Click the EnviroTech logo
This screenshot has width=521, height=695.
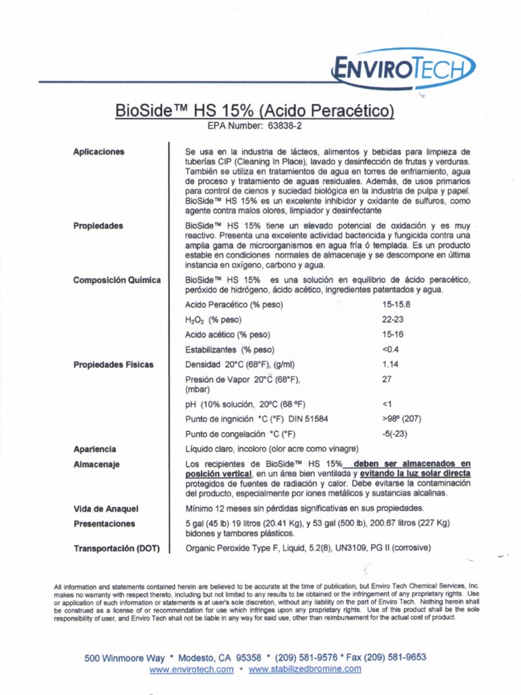click(x=403, y=69)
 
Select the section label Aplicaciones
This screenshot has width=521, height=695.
click(x=99, y=152)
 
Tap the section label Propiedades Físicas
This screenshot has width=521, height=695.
click(x=113, y=364)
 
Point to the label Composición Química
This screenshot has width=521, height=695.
click(x=117, y=280)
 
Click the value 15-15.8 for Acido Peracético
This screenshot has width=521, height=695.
click(x=397, y=305)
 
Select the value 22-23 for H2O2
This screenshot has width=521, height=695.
click(x=393, y=320)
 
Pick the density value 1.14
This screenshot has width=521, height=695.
click(x=391, y=364)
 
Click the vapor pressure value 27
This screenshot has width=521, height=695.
click(x=387, y=379)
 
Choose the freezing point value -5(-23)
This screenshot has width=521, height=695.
click(x=398, y=434)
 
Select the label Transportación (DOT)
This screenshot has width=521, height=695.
click(x=116, y=548)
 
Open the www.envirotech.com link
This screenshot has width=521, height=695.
click(x=191, y=670)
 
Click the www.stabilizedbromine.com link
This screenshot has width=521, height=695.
click(x=305, y=670)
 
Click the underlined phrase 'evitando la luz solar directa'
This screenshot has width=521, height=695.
click(x=415, y=473)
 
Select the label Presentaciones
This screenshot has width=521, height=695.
click(x=104, y=523)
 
